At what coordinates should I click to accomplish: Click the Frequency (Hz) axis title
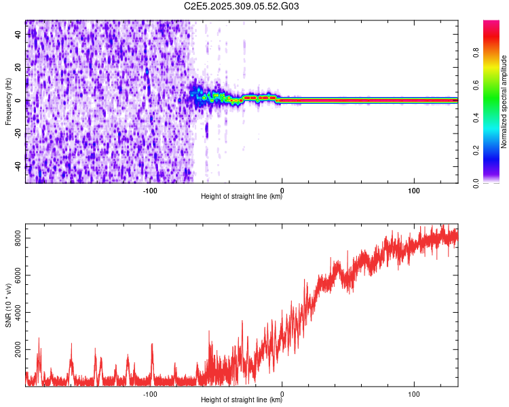coord(8,102)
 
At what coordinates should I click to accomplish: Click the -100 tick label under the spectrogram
coord(150,191)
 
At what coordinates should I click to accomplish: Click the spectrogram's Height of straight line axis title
coord(242,197)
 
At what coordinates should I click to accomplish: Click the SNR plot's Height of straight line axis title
coord(242,400)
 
